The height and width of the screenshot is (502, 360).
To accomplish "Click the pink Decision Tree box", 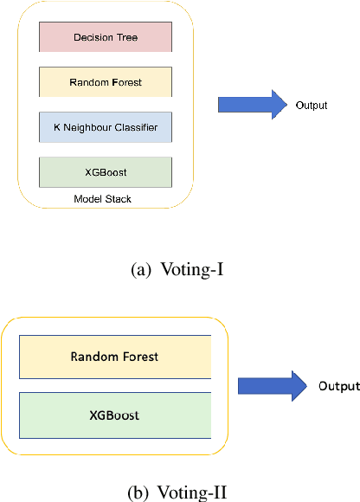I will [x=105, y=37].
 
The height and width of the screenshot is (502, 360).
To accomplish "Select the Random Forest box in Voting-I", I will [x=105, y=82].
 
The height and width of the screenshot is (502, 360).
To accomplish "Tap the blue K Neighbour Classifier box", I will [x=105, y=127].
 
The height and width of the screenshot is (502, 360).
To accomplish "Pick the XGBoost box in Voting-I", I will [x=105, y=172].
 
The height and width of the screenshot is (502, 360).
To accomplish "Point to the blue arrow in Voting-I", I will [x=252, y=105].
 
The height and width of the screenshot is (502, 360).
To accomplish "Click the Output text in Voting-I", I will [x=312, y=106].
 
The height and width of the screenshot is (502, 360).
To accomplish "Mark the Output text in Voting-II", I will [x=337, y=386].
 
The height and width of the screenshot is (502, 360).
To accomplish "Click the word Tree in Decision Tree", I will [x=127, y=37].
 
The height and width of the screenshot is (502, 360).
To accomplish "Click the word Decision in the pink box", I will [x=93, y=37].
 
